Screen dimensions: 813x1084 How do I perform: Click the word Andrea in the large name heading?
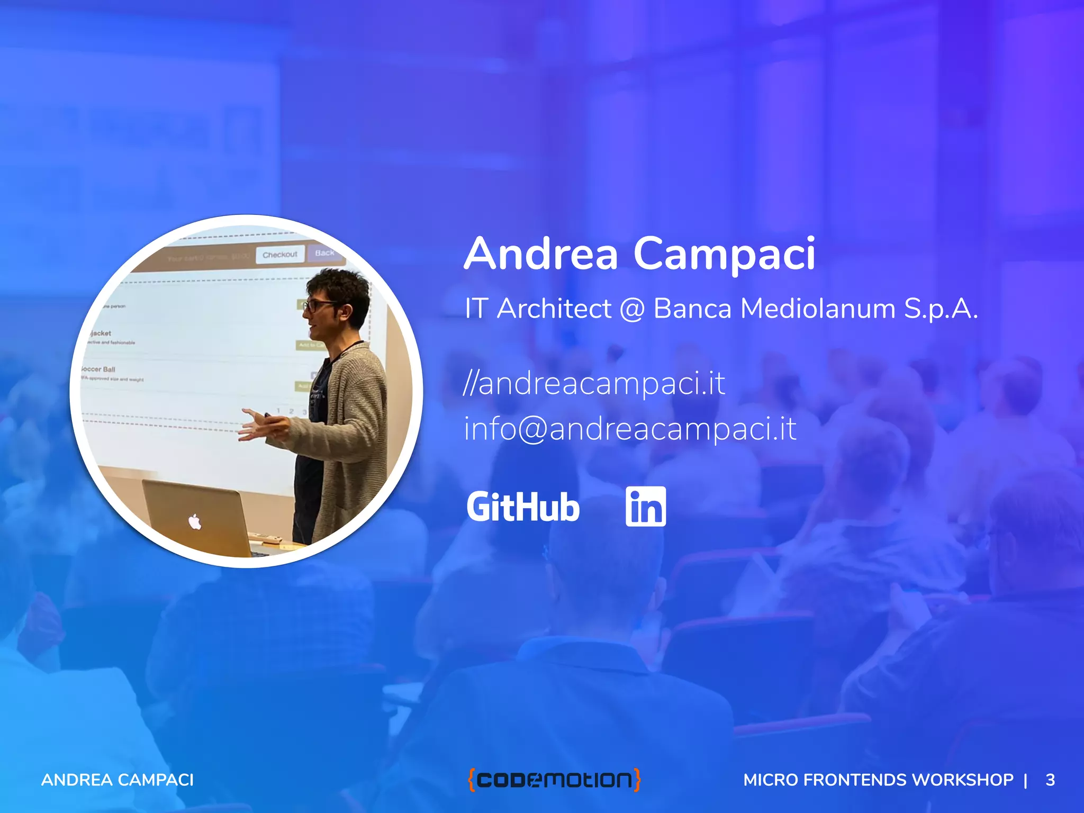coord(541,255)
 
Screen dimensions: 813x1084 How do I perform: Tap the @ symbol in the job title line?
coord(632,309)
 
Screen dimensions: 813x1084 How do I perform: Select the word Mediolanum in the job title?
coord(818,309)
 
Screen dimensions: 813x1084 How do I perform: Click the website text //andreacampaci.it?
coord(594,383)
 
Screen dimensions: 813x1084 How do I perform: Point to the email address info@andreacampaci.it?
coord(630,429)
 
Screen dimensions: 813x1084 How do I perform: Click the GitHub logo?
coord(523,507)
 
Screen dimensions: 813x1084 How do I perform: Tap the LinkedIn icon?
coord(645,507)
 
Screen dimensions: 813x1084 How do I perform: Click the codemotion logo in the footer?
coord(554,780)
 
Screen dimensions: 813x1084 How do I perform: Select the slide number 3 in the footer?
coord(1050,780)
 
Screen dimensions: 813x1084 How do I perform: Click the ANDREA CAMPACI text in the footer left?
coord(118,780)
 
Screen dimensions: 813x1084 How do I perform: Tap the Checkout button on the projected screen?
coord(280,255)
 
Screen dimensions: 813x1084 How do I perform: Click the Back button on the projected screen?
coord(324,253)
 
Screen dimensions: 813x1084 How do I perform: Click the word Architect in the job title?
coord(554,309)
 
